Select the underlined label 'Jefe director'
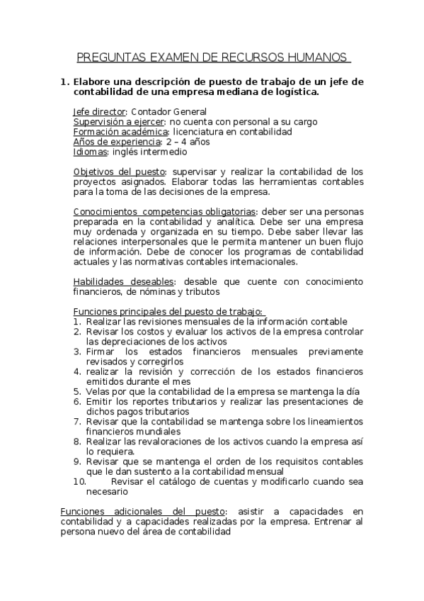point(99,112)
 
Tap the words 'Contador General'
point(168,112)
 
